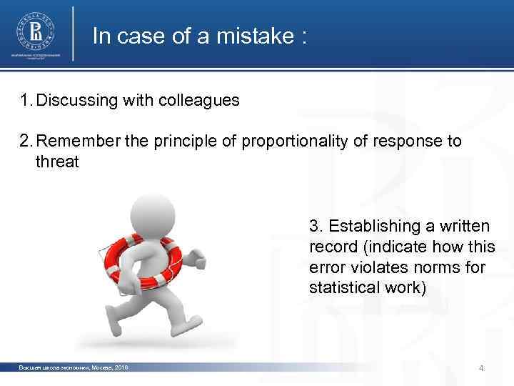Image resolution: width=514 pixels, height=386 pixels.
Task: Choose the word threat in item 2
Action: [x=57, y=162]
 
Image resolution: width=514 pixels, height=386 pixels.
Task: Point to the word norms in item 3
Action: [x=427, y=268]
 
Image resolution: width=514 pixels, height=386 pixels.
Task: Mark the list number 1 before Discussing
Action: [x=26, y=101]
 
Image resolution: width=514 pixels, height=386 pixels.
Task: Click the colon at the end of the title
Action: [x=303, y=38]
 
